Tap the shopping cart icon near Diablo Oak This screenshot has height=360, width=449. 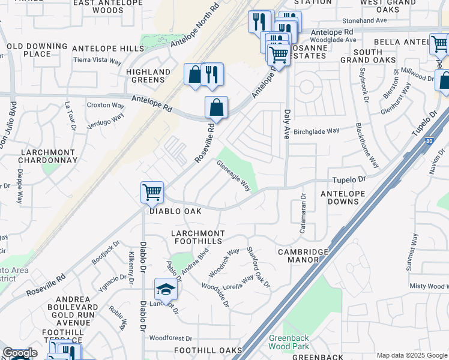(152, 193)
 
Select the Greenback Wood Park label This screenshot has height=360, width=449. (288, 343)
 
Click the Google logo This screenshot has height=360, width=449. (20, 353)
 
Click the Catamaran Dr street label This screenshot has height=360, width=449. (303, 214)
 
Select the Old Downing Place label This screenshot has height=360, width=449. (37, 50)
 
